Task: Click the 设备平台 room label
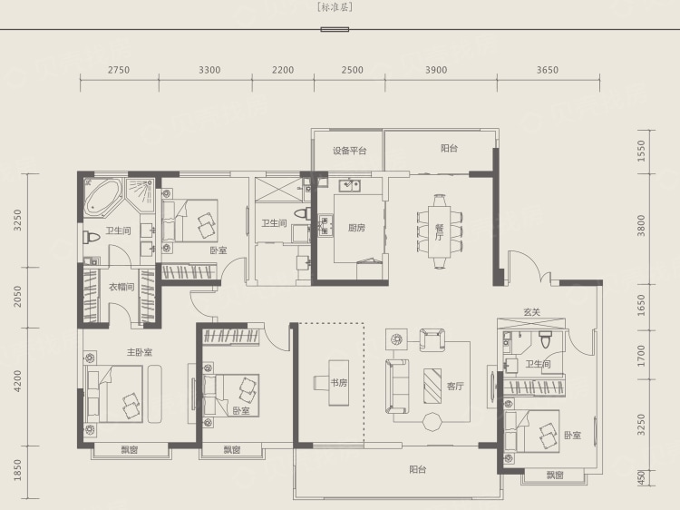point(350,151)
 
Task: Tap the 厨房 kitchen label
point(356,228)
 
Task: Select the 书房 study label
point(339,382)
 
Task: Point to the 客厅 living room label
point(455,386)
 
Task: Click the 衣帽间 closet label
point(121,287)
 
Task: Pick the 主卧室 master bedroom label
point(140,352)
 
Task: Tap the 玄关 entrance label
point(531,311)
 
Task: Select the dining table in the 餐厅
point(440,231)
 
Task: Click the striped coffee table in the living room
point(432,386)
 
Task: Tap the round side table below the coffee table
point(432,421)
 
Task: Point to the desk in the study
point(338,383)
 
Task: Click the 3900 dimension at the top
point(436,70)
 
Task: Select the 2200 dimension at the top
point(283,70)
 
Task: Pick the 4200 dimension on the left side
point(17,380)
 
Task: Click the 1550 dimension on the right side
point(641,151)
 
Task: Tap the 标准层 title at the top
point(335,7)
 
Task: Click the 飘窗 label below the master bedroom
point(130,450)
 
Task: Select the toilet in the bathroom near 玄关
point(546,339)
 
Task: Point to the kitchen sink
point(349,186)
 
